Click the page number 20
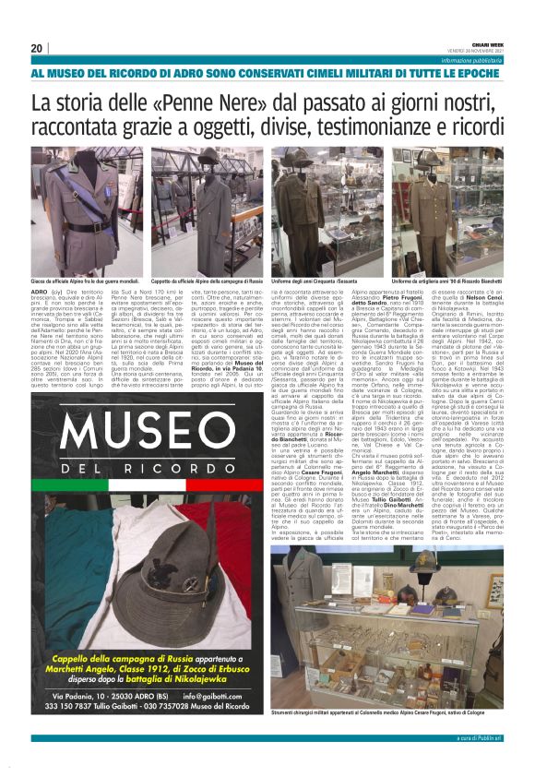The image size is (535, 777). coord(37,48)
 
